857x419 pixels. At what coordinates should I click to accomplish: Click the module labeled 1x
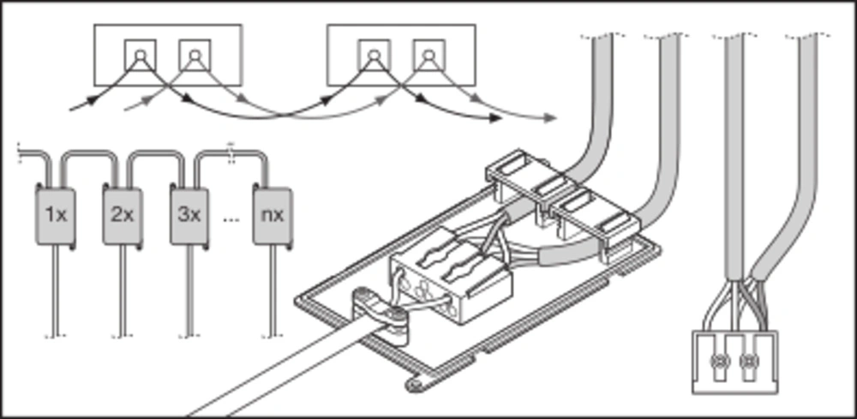[x=54, y=215]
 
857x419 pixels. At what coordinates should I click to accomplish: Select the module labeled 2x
[x=122, y=215]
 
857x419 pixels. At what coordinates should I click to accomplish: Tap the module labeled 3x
[x=189, y=215]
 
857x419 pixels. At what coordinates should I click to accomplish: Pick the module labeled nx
[x=273, y=215]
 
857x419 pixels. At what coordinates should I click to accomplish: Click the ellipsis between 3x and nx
[x=230, y=218]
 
